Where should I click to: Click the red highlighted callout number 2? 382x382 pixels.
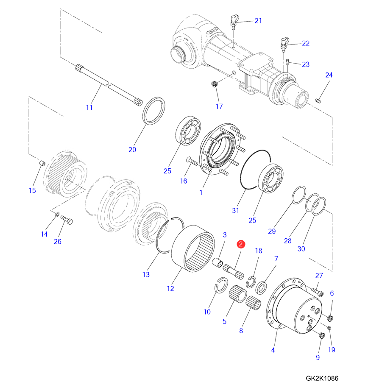pyautogui.click(x=241, y=244)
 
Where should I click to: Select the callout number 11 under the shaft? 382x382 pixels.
pyautogui.click(x=89, y=108)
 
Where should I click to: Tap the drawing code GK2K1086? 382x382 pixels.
pyautogui.click(x=322, y=378)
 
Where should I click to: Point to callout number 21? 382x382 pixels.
pyautogui.click(x=258, y=21)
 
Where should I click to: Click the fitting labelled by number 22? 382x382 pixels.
pyautogui.click(x=284, y=44)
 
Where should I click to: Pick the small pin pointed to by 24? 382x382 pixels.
pyautogui.click(x=318, y=100)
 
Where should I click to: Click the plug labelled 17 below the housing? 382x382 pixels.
pyautogui.click(x=215, y=84)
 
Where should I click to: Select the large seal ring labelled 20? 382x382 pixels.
pyautogui.click(x=153, y=111)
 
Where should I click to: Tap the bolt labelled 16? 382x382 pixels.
pyautogui.click(x=192, y=161)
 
